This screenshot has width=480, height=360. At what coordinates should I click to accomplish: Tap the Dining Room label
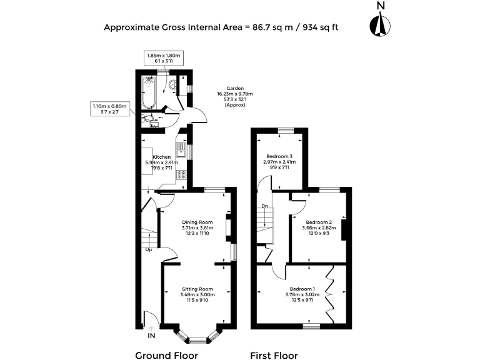[x=197, y=222]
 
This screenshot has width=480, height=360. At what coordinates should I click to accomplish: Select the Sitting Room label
[x=197, y=289]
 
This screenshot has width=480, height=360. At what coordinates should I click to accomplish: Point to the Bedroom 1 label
[x=300, y=289]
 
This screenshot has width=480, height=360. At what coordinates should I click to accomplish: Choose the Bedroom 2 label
[x=319, y=222]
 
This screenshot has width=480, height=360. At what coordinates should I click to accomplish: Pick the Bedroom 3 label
[x=279, y=156]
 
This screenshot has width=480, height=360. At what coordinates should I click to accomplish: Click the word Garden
[x=235, y=89]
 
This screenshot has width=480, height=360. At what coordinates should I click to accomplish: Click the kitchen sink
[x=180, y=150]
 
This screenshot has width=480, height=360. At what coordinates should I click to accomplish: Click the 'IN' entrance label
[x=151, y=336]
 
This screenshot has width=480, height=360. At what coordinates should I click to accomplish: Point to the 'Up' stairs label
[x=148, y=250]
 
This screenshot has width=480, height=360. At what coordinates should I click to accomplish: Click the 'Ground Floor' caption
[x=167, y=355]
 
